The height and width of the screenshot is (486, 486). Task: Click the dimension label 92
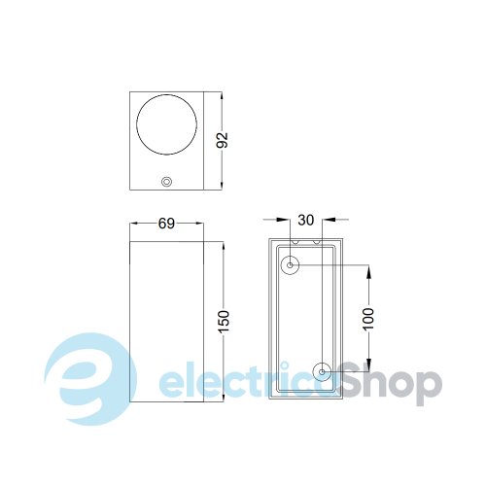pos(223,140)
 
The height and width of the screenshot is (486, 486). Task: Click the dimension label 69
pos(166,224)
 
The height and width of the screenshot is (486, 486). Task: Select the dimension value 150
pos(224,322)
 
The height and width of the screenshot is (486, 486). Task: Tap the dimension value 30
pos(306,220)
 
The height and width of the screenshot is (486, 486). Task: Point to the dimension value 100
pos(368,319)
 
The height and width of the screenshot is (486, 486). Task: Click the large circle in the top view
pos(136,124)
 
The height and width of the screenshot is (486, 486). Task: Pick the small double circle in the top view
pos(166,182)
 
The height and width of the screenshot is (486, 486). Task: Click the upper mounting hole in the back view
pos(290,265)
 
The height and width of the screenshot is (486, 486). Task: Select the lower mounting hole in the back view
pos(322,372)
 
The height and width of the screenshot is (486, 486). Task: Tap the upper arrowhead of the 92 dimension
pos(222,97)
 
